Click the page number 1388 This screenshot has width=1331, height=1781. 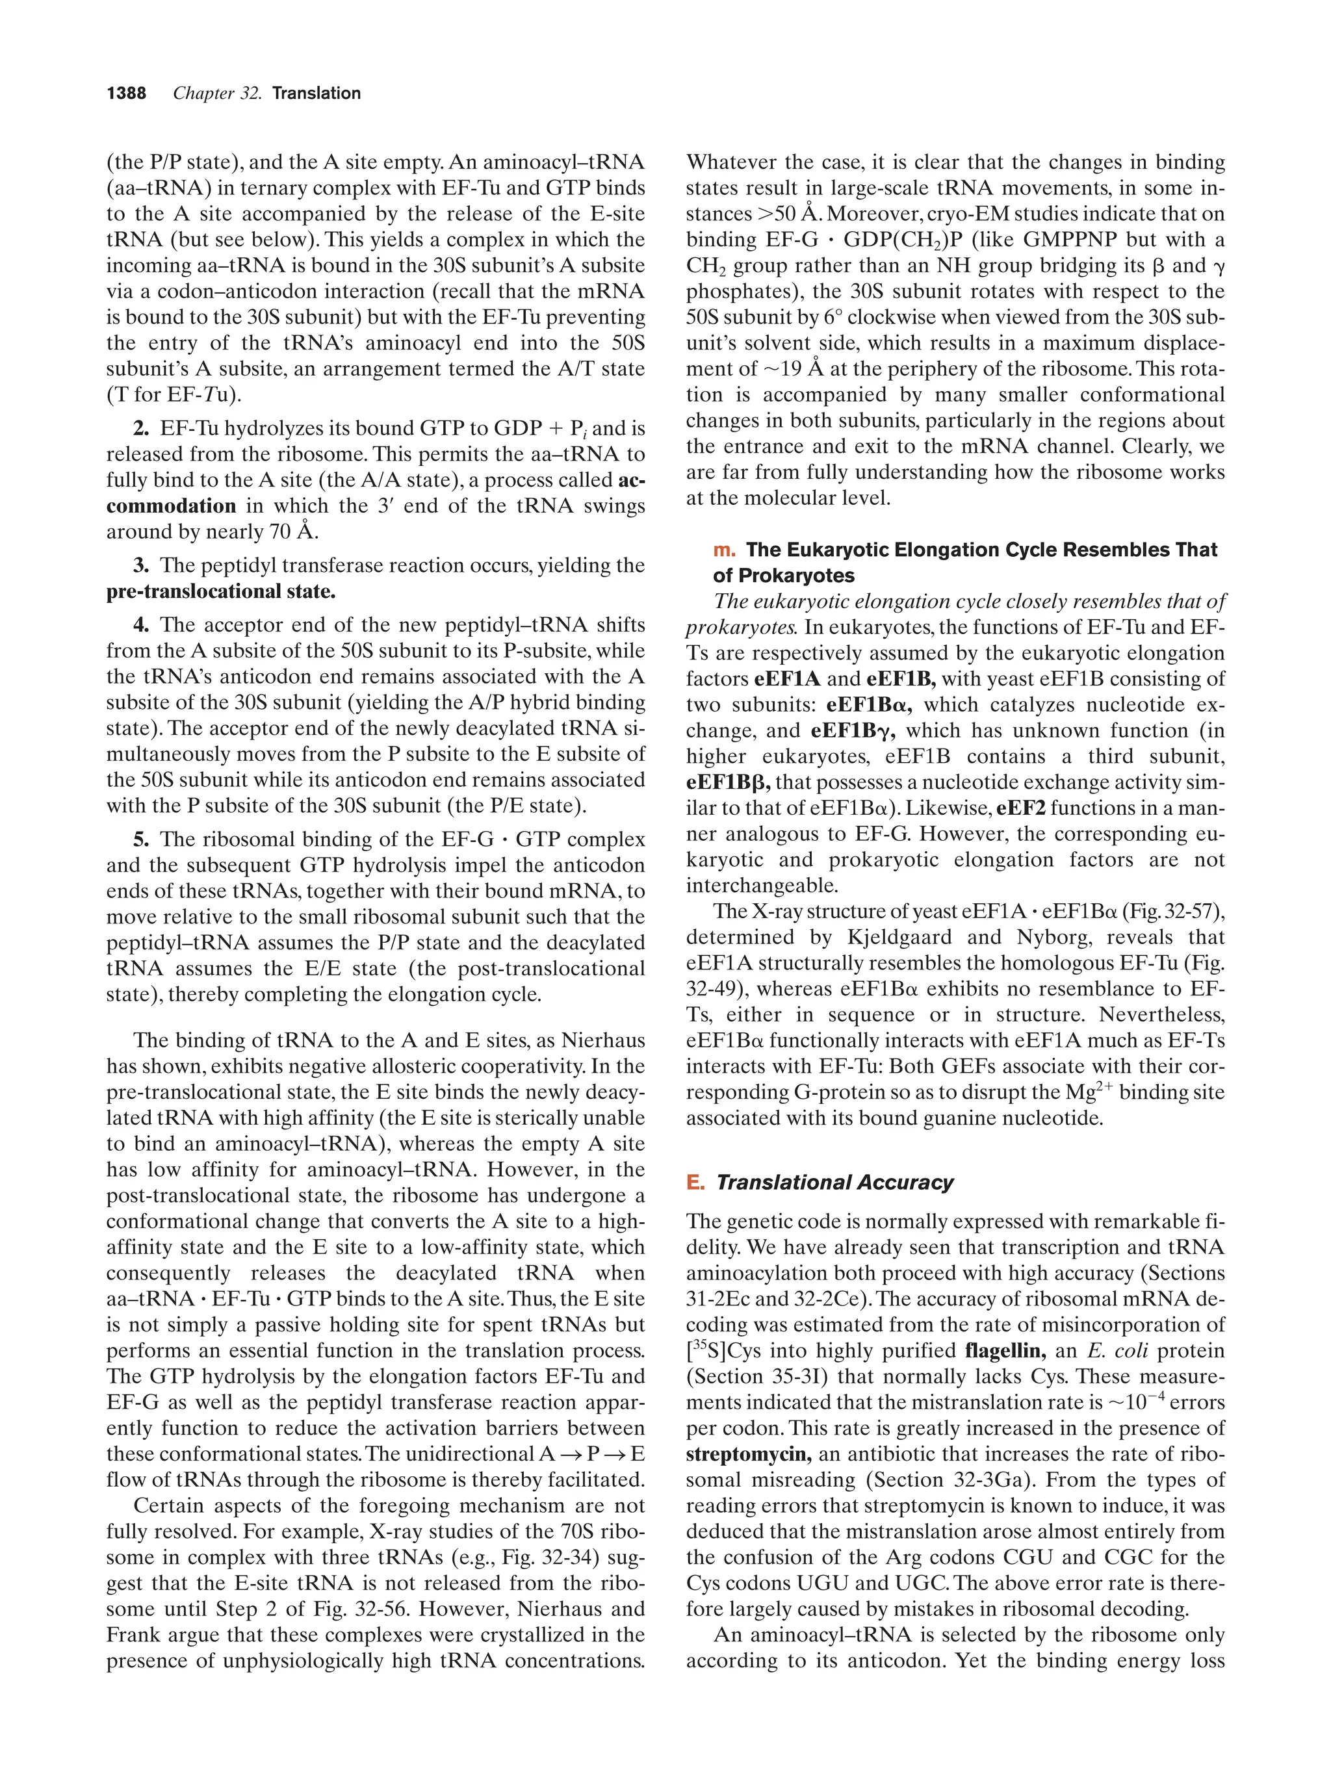127,94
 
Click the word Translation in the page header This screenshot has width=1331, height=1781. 317,94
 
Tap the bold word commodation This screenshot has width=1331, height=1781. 171,506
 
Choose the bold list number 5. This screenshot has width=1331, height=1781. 141,839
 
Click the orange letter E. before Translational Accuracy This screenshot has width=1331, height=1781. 695,1182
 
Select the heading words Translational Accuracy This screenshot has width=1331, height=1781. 834,1182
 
